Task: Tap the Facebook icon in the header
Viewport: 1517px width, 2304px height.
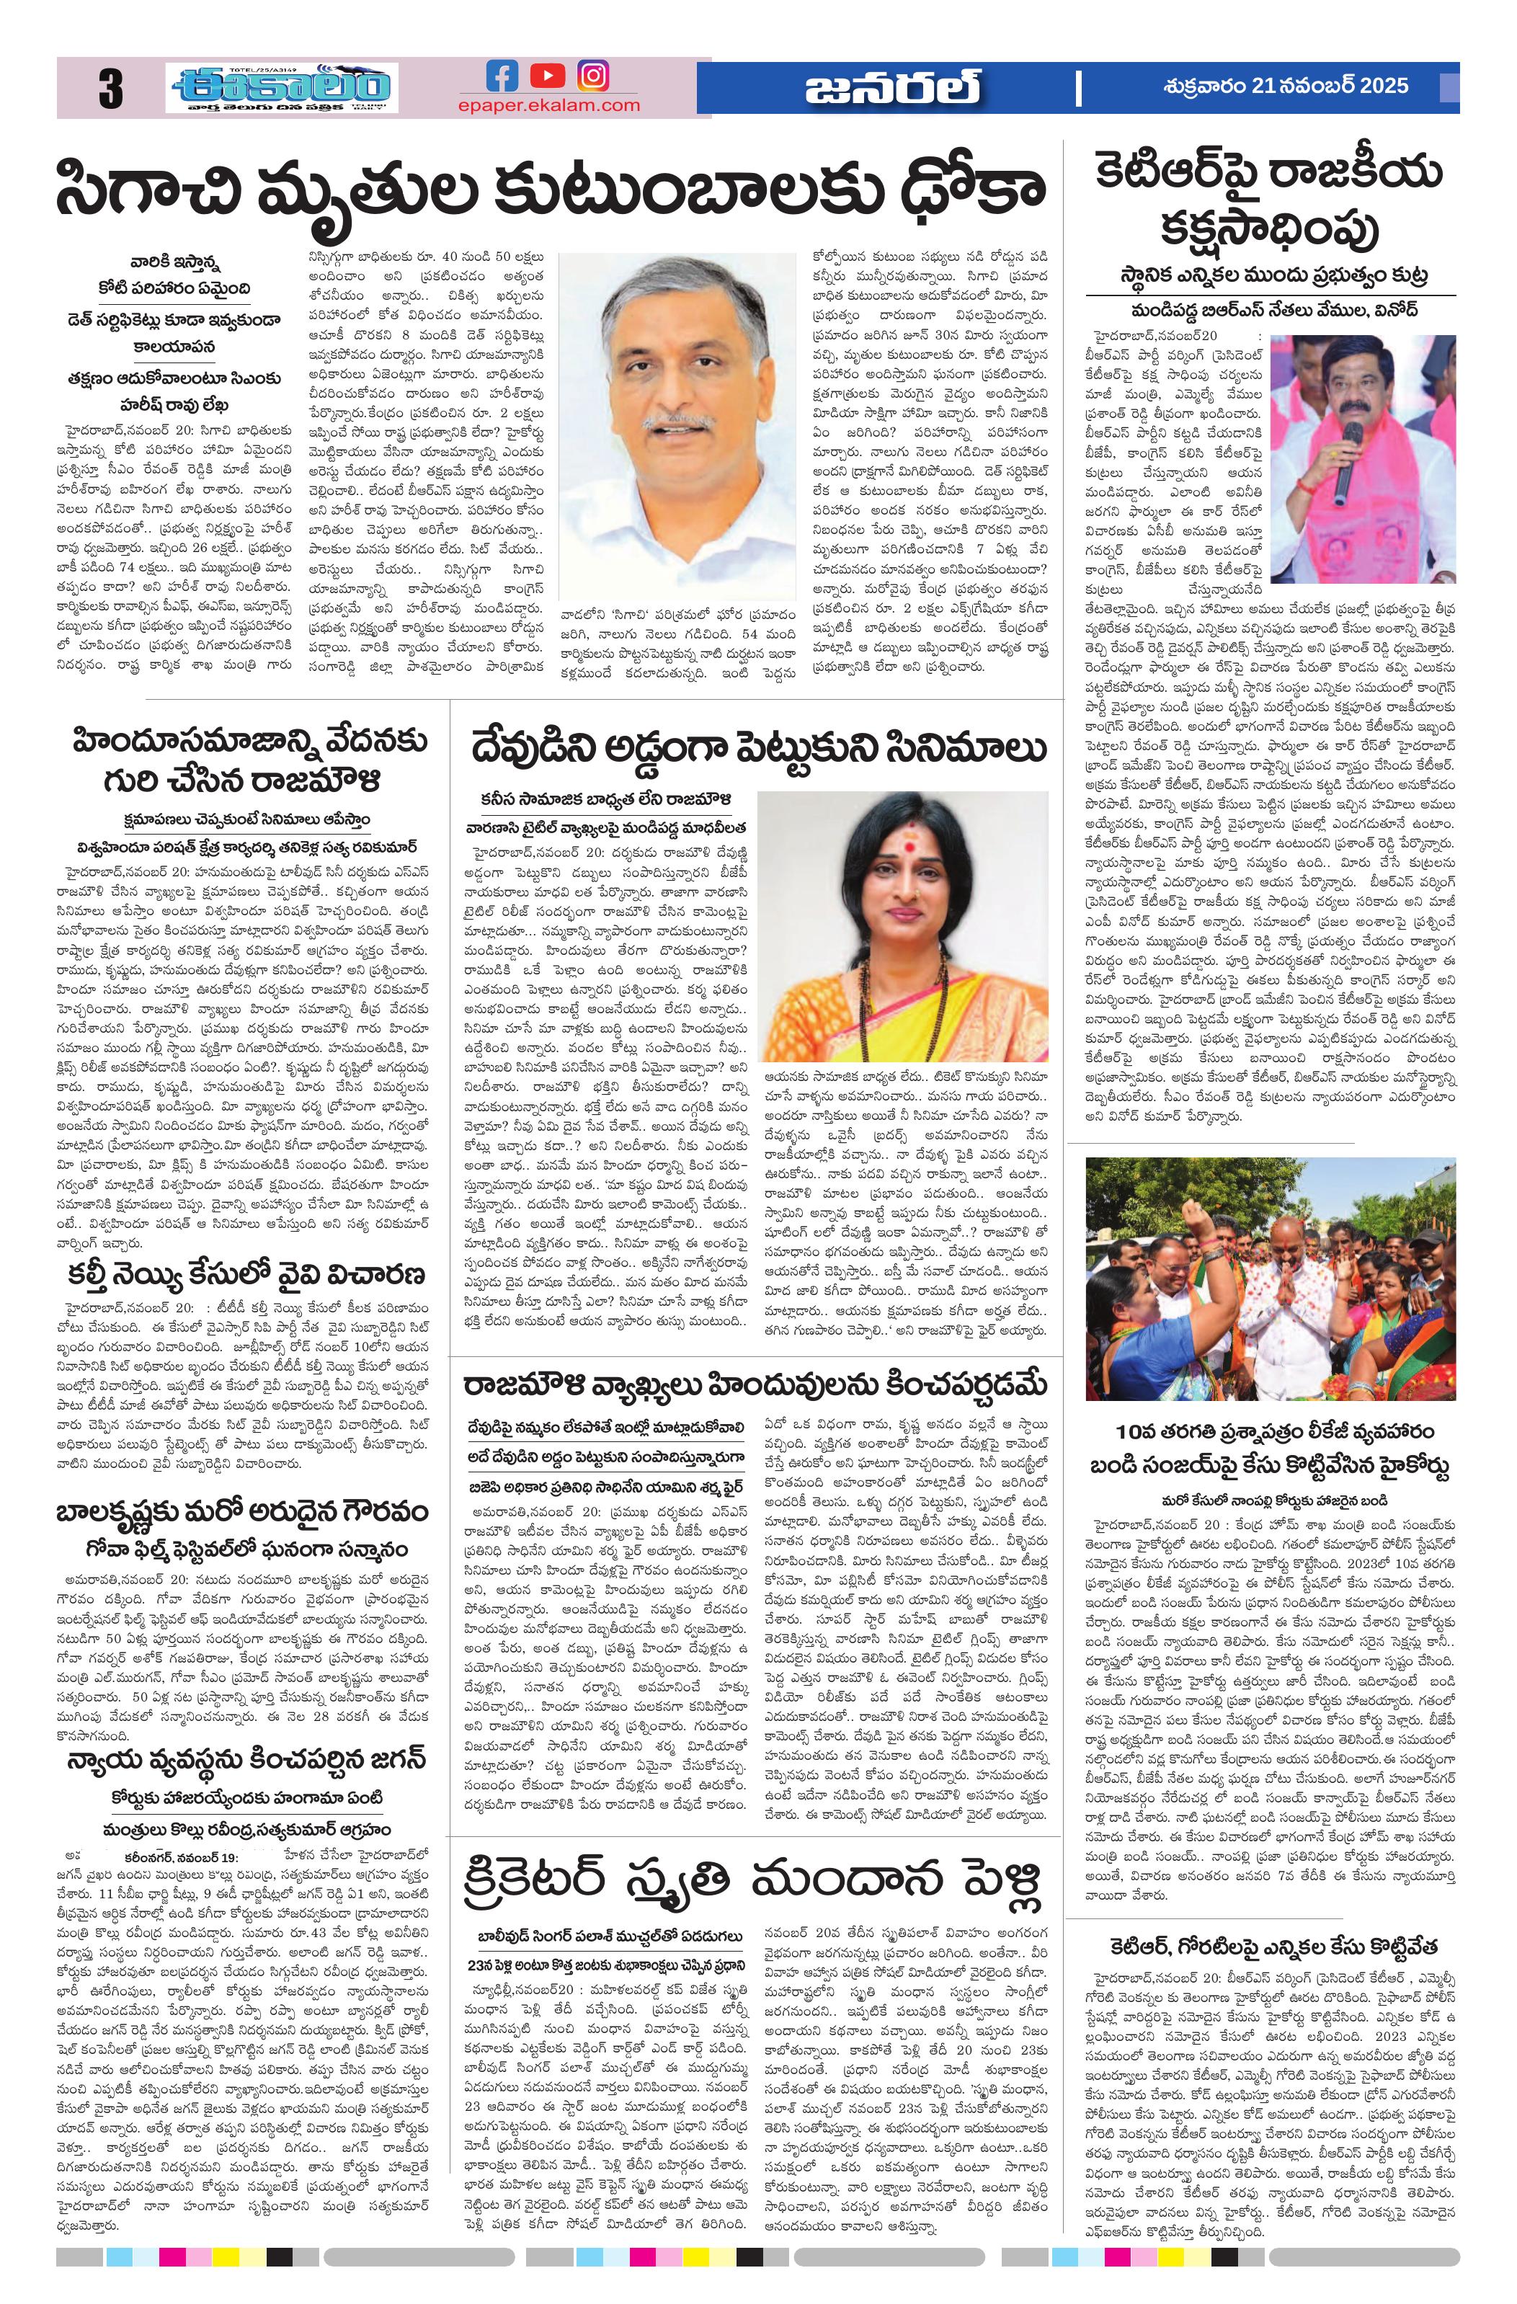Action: pyautogui.click(x=501, y=76)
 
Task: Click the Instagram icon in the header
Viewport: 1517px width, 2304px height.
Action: pyautogui.click(x=593, y=76)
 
